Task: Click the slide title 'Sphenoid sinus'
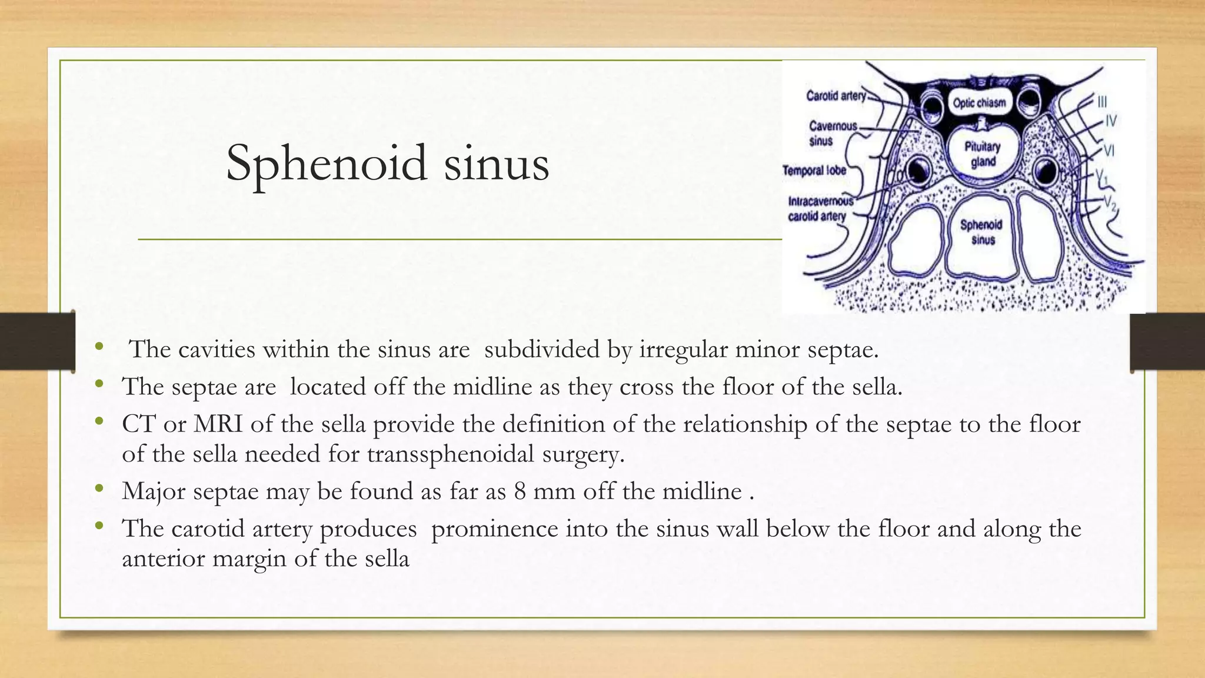pyautogui.click(x=387, y=163)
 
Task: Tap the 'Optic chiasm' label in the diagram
pyautogui.click(x=979, y=103)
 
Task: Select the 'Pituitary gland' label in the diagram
pyautogui.click(x=982, y=154)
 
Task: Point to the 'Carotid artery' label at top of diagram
pyautogui.click(x=835, y=95)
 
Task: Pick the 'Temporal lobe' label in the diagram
pyautogui.click(x=814, y=171)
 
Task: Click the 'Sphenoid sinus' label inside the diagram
pyautogui.click(x=981, y=232)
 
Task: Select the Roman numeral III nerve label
pyautogui.click(x=1101, y=102)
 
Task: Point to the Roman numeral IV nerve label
pyautogui.click(x=1111, y=121)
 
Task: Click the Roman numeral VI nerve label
pyautogui.click(x=1109, y=151)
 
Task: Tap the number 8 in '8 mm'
pyautogui.click(x=520, y=491)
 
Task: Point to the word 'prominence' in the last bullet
pyautogui.click(x=494, y=529)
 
